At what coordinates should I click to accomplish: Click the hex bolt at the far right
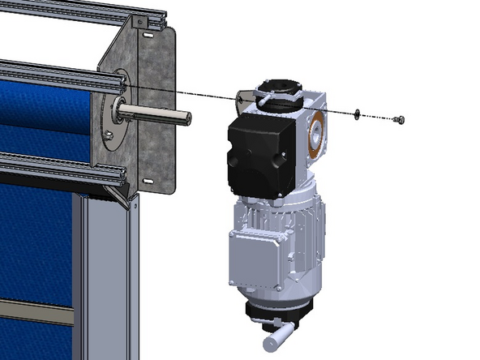[x=397, y=120]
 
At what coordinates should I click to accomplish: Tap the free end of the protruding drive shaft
[x=186, y=117]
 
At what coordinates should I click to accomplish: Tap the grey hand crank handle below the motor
[x=280, y=333]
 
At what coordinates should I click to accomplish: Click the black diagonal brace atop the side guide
[x=122, y=194]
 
